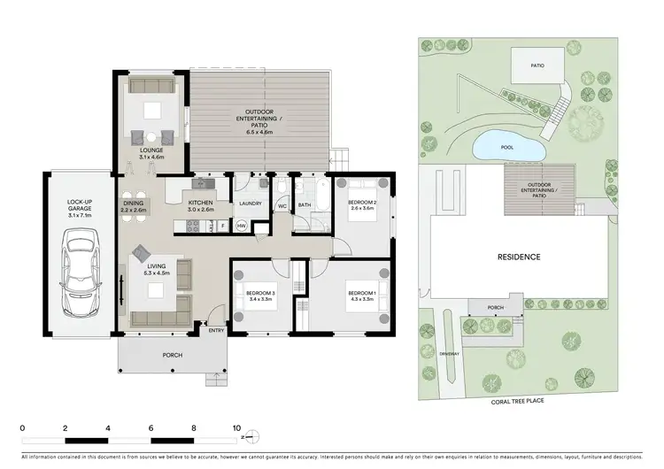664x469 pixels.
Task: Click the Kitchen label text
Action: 201,206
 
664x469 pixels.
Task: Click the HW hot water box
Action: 240,226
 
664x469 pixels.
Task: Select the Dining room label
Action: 134,206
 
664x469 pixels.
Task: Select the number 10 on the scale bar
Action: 236,427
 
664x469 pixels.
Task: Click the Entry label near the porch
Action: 215,331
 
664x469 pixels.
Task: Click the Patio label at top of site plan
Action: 537,65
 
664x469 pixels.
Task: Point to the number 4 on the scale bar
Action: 107,427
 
